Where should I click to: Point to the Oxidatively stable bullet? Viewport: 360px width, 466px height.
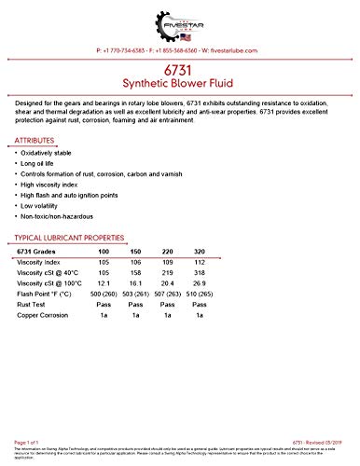click(56, 153)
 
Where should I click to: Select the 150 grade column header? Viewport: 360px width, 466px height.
click(135, 253)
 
